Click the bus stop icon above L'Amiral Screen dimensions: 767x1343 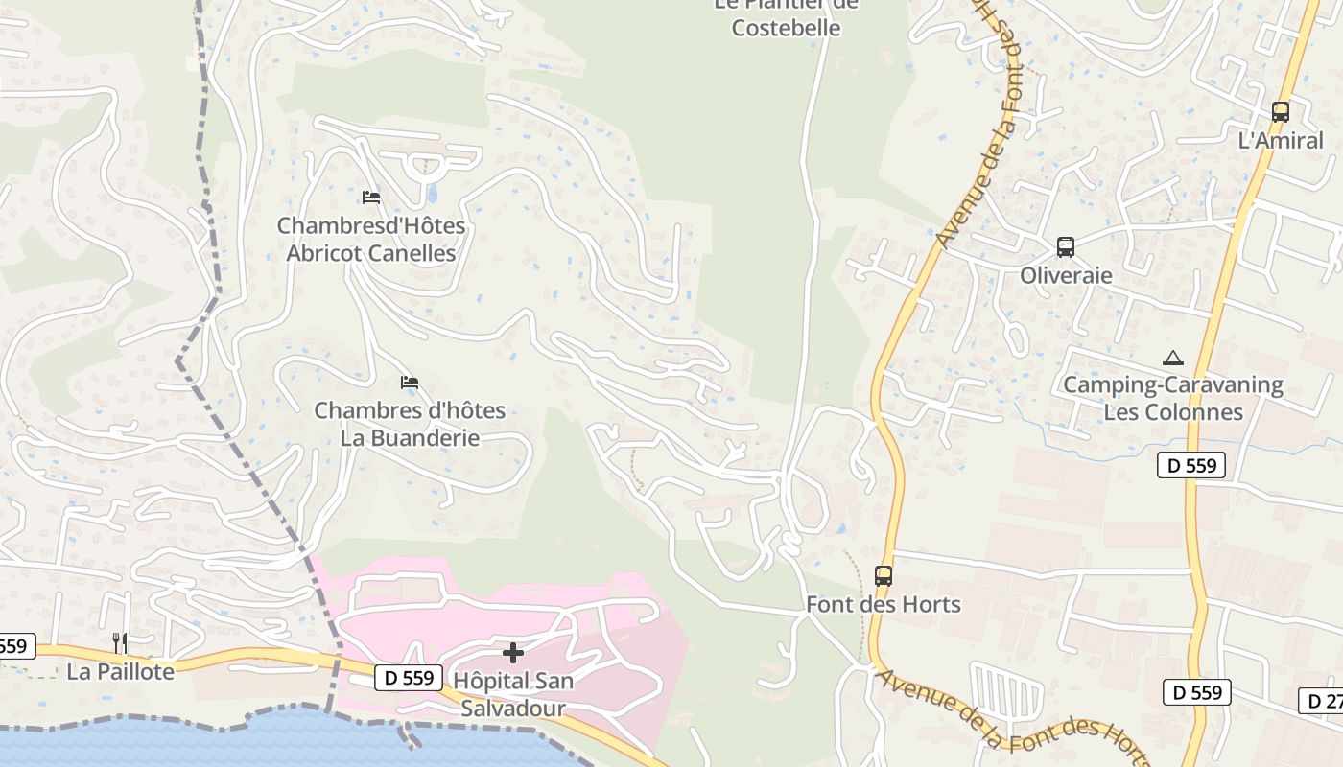coord(1280,111)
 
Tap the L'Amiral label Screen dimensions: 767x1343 coord(1280,141)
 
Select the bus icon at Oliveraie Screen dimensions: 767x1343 coord(1065,247)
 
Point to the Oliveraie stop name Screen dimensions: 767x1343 coord(1065,276)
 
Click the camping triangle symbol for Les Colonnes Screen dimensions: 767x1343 coord(1172,359)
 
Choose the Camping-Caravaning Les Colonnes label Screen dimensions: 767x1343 coord(1172,399)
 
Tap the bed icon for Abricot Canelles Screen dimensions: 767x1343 coord(371,198)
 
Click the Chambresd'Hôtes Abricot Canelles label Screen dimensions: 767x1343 coord(371,240)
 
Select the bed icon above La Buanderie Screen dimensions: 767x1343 coord(410,383)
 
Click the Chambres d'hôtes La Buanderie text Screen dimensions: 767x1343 coord(410,424)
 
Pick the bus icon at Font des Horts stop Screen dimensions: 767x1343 coord(883,576)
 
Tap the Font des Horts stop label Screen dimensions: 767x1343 coord(883,605)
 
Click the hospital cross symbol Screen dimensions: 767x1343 coord(513,653)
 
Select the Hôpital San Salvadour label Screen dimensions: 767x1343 coord(513,695)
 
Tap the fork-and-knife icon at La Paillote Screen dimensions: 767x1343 coord(120,642)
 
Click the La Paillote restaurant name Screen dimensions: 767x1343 coord(120,672)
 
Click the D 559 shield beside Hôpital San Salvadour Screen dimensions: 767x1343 coord(408,678)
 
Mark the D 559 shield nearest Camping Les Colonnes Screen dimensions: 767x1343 coord(1191,466)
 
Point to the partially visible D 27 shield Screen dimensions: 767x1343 coord(1322,701)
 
